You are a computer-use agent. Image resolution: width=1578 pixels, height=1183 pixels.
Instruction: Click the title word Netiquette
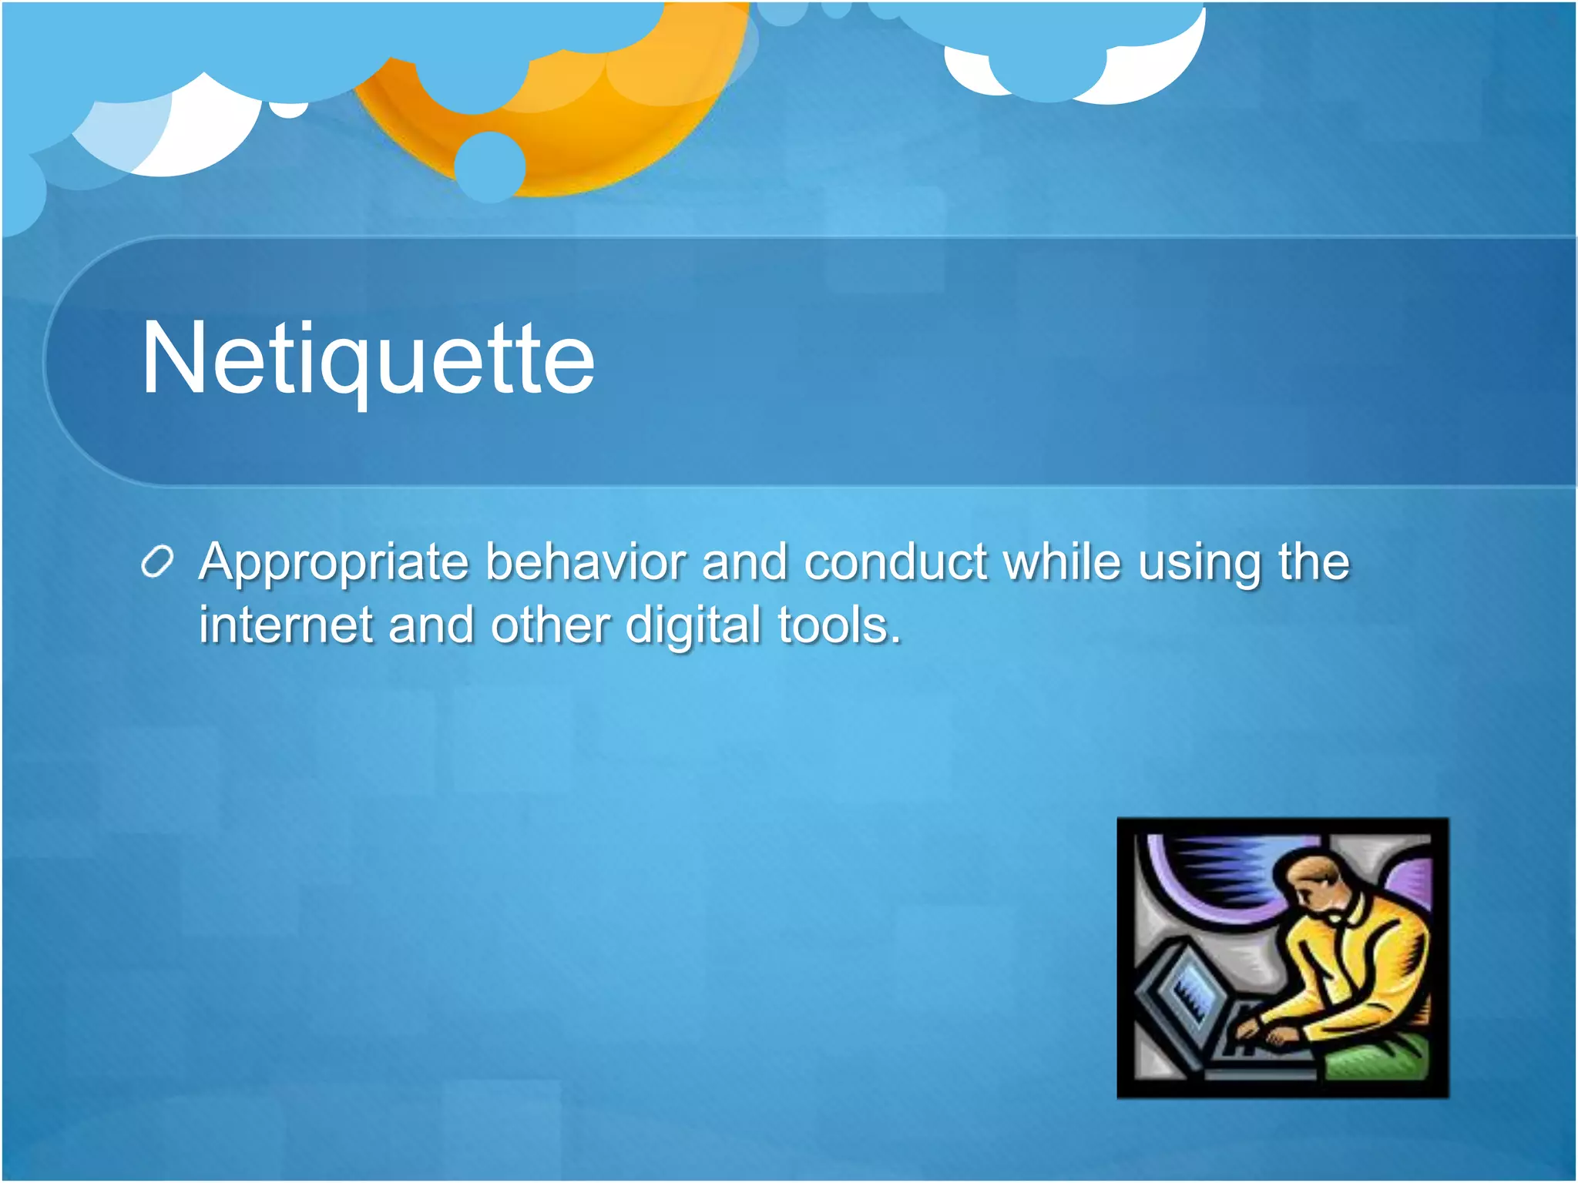click(x=368, y=358)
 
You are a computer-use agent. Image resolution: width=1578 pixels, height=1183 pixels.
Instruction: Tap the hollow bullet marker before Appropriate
click(x=157, y=563)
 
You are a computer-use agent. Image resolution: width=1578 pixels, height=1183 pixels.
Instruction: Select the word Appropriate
click(x=333, y=563)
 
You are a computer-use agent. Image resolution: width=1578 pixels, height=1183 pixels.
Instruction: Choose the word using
click(x=1199, y=563)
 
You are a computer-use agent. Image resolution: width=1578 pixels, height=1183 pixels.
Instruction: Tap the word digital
click(x=693, y=625)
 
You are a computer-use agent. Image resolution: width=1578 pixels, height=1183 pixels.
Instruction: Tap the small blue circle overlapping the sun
click(x=490, y=167)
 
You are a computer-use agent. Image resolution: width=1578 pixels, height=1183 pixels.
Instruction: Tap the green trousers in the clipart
click(x=1379, y=1059)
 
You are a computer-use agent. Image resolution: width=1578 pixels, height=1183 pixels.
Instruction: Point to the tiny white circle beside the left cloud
click(x=289, y=109)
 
